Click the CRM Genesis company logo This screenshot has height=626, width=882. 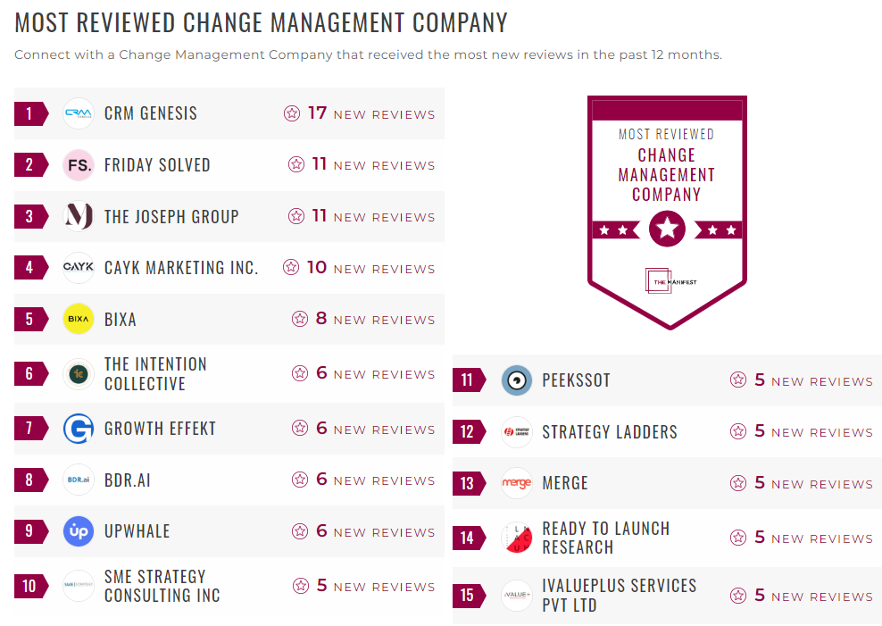coord(79,113)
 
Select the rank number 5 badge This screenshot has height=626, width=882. coord(29,319)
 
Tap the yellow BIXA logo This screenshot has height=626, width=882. coord(79,319)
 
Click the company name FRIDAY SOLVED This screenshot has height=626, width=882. coord(157,165)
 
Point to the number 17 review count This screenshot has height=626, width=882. coord(317,113)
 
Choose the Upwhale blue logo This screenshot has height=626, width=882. coord(79,531)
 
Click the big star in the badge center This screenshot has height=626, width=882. coord(667,230)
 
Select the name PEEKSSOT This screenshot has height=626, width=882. coord(576,380)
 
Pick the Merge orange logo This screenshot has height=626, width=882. coord(517,483)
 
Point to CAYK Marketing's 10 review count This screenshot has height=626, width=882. coord(317,267)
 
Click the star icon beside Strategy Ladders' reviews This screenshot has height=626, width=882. coord(738,432)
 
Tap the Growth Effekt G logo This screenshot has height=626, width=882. coord(79,429)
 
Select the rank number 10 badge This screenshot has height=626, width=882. coord(29,586)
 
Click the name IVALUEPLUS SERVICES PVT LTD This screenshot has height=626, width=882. coord(619,596)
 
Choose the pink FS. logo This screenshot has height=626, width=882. coord(79,165)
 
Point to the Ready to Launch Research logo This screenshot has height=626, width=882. coord(517,538)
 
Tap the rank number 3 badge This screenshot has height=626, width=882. coord(29,216)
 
